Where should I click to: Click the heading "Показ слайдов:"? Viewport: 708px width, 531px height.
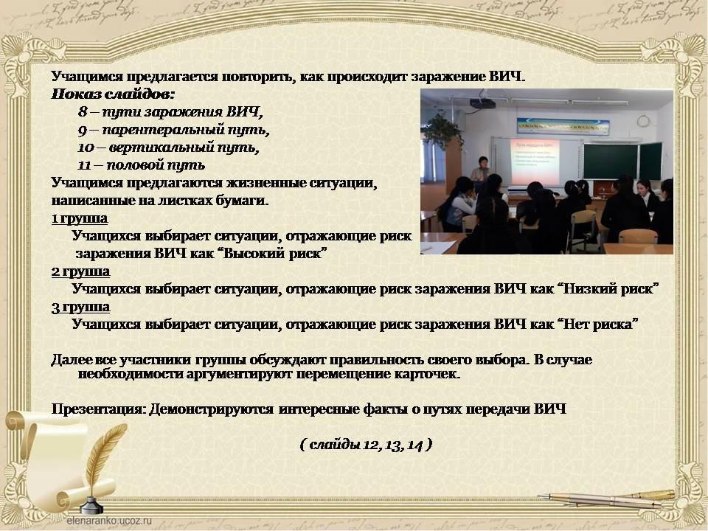pos(113,94)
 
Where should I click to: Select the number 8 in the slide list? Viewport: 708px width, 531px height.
pos(83,111)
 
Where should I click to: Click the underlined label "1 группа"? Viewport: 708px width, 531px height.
pos(80,218)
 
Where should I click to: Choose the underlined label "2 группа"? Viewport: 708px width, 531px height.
pos(80,272)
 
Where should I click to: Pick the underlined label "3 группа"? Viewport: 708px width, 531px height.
pos(80,307)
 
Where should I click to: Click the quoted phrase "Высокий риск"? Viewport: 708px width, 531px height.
pos(271,253)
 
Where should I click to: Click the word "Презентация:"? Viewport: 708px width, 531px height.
pos(99,409)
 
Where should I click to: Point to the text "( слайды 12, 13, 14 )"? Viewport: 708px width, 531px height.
pos(367,445)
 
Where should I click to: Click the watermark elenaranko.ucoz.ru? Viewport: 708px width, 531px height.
pos(110,520)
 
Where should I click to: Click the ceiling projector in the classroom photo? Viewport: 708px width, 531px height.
pos(482,103)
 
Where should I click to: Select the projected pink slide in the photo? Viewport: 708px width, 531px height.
pos(535,162)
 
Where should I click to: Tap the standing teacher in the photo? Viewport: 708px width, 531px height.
pos(481,170)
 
